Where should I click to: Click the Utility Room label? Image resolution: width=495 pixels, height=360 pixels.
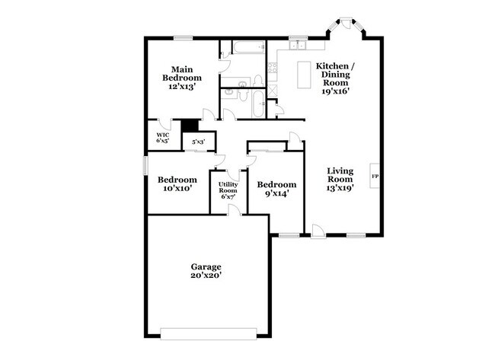pyautogui.click(x=228, y=190)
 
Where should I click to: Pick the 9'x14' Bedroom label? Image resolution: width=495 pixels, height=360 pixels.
pyautogui.click(x=276, y=188)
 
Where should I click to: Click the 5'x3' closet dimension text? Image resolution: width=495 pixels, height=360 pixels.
pyautogui.click(x=198, y=141)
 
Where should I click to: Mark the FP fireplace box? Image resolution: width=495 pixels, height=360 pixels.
pyautogui.click(x=375, y=177)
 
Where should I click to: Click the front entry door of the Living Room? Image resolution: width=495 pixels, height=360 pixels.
pyautogui.click(x=318, y=231)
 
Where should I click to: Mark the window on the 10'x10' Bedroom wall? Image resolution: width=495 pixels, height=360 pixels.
pyautogui.click(x=146, y=165)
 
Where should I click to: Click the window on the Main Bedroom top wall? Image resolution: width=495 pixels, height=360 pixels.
pyautogui.click(x=183, y=37)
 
